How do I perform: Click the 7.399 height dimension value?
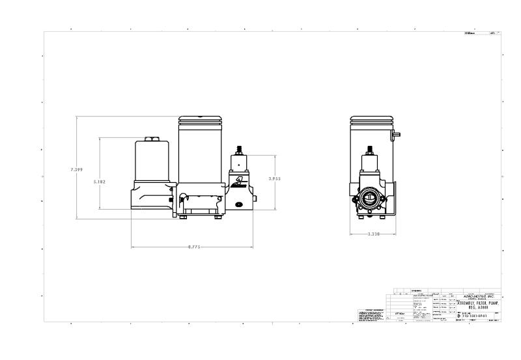point(76,170)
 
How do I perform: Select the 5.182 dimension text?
point(100,182)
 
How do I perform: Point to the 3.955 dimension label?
point(275,177)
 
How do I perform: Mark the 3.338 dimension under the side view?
point(374,234)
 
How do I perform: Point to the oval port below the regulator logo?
point(239,204)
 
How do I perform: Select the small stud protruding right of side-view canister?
point(396,134)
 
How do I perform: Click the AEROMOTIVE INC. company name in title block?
point(479,296)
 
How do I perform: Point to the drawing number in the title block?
point(475,315)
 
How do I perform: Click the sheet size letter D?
point(458,315)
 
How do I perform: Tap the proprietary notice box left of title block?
point(369,314)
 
